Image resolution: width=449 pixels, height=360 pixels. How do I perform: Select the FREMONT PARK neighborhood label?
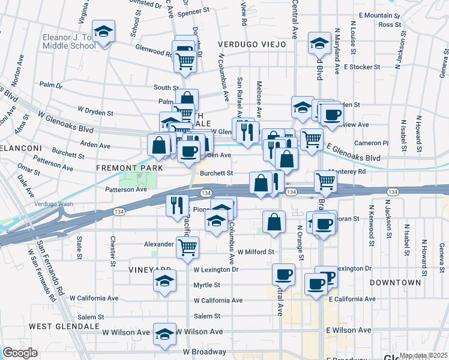(125, 169)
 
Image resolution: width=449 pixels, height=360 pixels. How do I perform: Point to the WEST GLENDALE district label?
(64, 326)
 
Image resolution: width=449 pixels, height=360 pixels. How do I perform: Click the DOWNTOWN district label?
(395, 282)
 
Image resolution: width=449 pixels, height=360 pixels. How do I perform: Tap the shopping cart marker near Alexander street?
(187, 245)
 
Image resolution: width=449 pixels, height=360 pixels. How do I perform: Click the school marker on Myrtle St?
(164, 281)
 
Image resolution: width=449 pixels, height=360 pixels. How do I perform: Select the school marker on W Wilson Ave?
(164, 334)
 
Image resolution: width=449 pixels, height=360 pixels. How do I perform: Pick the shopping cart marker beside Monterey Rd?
(325, 179)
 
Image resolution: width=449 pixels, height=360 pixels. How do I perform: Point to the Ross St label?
(390, 25)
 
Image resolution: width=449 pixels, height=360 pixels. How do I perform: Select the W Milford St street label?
(256, 252)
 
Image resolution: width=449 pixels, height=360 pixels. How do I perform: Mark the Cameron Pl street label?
(372, 143)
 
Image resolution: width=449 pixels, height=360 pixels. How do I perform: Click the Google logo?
(20, 353)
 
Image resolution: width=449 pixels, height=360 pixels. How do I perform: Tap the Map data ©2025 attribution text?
(423, 355)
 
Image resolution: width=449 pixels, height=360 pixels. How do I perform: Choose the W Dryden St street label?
(95, 112)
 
